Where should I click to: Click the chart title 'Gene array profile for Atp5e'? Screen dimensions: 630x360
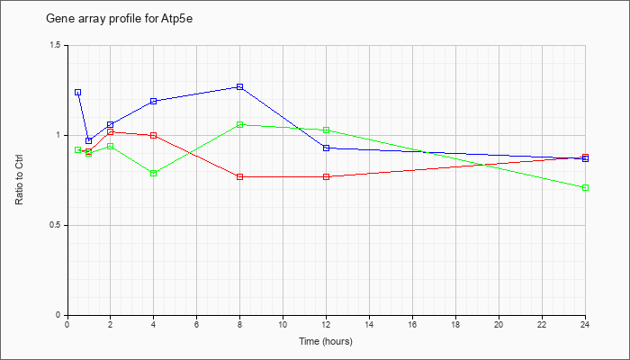coord(120,19)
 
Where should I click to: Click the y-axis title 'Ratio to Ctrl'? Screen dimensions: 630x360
coord(19,180)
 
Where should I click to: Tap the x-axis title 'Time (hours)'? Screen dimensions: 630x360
coord(326,341)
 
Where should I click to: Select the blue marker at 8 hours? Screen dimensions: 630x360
coord(240,86)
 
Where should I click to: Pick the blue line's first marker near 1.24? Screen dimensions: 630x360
coord(78,93)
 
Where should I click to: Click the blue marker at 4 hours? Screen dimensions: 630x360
coord(154,101)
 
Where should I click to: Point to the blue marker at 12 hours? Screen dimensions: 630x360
coord(326,148)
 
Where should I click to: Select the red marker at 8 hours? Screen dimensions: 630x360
coord(240,176)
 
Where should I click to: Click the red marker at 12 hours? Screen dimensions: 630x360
coord(326,176)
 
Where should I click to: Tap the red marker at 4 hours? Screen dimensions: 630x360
coord(154,135)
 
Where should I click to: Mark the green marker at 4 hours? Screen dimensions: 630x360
coord(154,173)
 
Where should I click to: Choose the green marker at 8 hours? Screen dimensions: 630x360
coord(240,124)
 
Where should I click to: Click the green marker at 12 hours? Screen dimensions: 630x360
coord(326,130)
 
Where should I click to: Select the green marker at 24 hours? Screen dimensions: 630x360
coord(585,187)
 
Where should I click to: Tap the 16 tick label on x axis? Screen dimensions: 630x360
coord(412,324)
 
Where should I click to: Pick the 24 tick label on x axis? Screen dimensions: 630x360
coord(585,324)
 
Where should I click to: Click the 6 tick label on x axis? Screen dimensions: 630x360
coord(197,324)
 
